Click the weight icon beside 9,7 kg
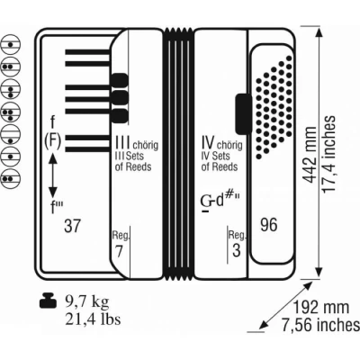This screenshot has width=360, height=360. (x=48, y=301)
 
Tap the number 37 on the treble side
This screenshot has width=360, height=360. (x=72, y=226)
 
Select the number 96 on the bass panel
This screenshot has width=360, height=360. (x=269, y=225)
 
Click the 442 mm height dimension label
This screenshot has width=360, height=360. (x=310, y=155)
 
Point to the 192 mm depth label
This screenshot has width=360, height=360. (x=321, y=308)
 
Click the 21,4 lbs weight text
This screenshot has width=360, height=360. (x=93, y=319)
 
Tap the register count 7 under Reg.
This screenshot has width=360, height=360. (x=119, y=251)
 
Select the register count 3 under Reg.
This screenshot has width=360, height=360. (x=237, y=250)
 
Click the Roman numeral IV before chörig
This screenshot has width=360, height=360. (x=208, y=143)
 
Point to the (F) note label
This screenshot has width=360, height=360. (x=53, y=140)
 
